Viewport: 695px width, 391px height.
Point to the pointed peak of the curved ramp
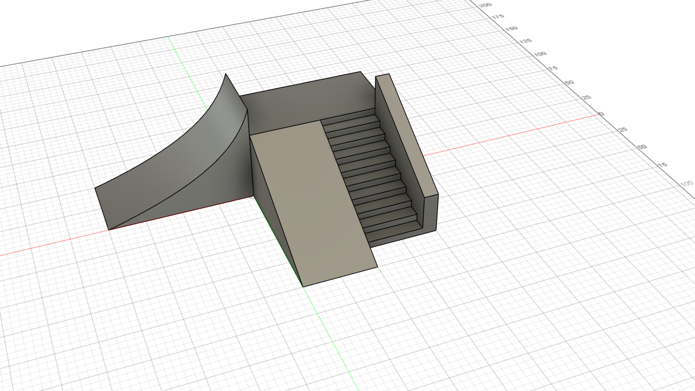pos(226,74)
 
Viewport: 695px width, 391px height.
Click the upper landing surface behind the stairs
pos(304,103)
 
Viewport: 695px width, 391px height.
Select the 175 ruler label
pos(498,17)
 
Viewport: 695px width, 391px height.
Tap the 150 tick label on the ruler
pos(511,28)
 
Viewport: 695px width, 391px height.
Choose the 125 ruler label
pos(525,41)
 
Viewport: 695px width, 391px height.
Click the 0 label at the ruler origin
pos(601,114)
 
